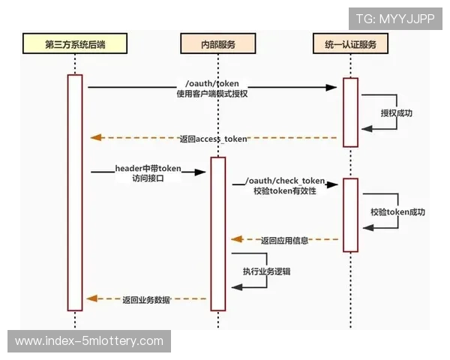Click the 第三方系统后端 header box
click(74, 44)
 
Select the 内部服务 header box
click(217, 44)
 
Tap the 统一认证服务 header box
click(351, 44)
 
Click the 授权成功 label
click(396, 113)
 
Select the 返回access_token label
click(213, 139)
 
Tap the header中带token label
click(148, 169)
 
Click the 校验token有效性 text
click(284, 191)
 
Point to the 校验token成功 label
click(397, 212)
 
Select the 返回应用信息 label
click(285, 241)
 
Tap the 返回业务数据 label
click(146, 299)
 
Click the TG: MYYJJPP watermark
click(394, 19)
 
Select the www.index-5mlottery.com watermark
click(89, 341)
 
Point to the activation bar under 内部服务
click(217, 232)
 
